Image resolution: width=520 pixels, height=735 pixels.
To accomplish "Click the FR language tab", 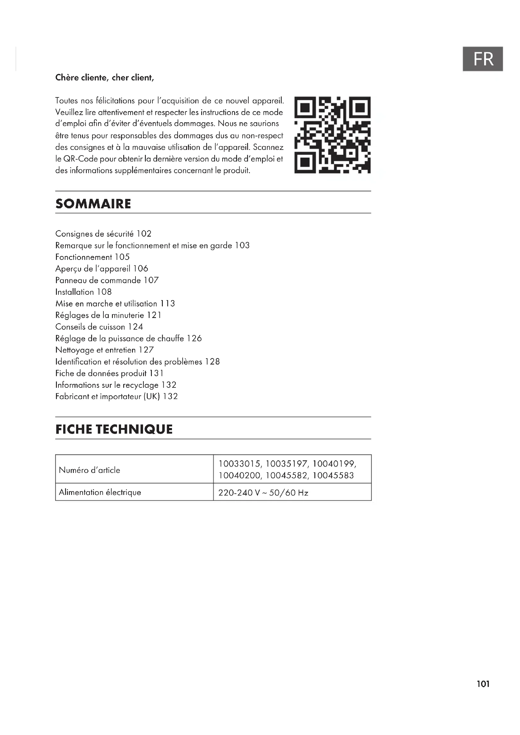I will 483,59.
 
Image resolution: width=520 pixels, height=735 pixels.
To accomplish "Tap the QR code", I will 332,135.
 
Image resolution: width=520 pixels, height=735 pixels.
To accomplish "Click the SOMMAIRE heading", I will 93,204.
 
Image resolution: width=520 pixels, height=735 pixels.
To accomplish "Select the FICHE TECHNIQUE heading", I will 114,429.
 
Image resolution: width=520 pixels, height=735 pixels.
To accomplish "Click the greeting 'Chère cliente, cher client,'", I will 105,78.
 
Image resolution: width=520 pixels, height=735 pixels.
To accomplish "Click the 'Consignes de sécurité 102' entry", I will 103,234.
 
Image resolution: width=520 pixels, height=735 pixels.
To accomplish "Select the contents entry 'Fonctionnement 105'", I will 92,257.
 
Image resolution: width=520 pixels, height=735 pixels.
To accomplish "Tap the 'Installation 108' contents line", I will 83,292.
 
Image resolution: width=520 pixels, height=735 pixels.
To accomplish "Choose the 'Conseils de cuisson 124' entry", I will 99,327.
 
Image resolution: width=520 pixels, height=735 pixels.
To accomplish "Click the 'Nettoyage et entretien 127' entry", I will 104,350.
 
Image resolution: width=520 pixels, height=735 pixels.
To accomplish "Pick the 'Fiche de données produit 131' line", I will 109,373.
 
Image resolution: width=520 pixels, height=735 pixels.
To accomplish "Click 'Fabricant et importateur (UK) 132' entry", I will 116,397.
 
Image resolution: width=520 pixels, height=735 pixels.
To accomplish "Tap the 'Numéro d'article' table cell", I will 89,470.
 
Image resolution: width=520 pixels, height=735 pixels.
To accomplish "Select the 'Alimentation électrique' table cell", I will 100,492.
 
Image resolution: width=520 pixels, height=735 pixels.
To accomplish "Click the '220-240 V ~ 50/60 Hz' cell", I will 263,493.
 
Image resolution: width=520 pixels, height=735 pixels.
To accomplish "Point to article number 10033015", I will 240,464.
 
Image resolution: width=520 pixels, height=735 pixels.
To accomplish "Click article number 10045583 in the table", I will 333,475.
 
